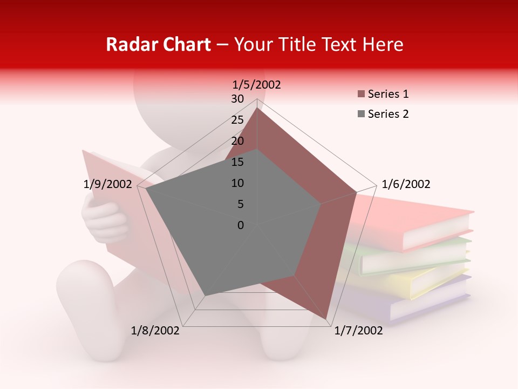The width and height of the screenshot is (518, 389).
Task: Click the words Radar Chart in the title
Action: [158, 44]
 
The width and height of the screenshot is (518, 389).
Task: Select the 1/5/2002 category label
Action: [256, 84]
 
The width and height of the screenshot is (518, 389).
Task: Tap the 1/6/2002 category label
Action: [406, 184]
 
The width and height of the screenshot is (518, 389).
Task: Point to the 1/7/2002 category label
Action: [358, 330]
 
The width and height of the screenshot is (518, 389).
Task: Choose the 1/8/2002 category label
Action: [155, 330]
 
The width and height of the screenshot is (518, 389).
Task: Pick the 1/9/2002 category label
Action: [108, 184]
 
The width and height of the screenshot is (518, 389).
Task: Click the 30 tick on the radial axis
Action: [237, 99]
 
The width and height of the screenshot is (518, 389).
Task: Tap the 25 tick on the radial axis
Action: [237, 120]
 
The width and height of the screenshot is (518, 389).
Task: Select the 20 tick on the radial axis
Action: [237, 141]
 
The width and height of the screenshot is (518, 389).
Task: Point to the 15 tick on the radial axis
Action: [237, 162]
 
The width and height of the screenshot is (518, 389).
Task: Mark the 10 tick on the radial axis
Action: [237, 183]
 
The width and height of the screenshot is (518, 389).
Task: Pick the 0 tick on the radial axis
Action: [241, 225]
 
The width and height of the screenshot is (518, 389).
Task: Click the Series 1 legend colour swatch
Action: [361, 94]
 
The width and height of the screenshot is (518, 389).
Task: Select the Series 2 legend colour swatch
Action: [361, 114]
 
